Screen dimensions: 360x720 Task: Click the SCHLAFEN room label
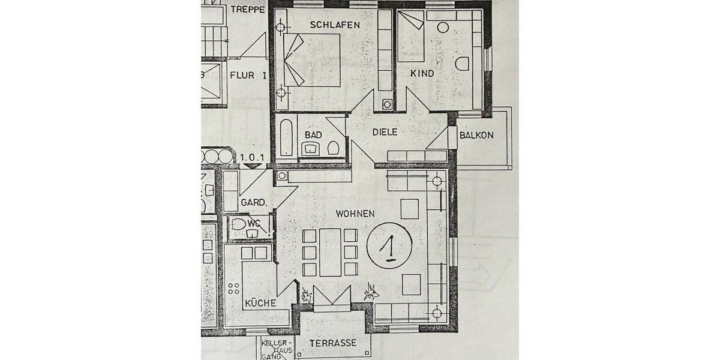click(x=335, y=25)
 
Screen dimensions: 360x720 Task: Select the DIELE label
click(x=385, y=132)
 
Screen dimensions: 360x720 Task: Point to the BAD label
click(x=313, y=135)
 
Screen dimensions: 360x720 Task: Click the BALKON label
click(x=476, y=135)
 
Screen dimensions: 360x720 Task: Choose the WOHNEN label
click(x=355, y=213)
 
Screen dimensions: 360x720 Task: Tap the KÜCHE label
click(x=260, y=303)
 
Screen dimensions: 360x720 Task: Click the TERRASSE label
click(x=333, y=343)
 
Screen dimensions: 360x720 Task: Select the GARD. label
click(x=253, y=203)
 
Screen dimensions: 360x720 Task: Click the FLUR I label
click(x=248, y=76)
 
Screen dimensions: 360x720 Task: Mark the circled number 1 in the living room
click(x=389, y=247)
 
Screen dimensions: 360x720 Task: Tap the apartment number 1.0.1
click(x=252, y=158)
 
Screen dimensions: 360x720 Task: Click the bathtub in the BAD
click(x=286, y=137)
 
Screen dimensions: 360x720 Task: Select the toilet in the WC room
click(x=239, y=225)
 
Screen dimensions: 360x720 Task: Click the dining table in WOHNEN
click(x=330, y=252)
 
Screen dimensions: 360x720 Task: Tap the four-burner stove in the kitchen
click(x=234, y=292)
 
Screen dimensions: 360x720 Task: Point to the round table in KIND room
click(x=443, y=27)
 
